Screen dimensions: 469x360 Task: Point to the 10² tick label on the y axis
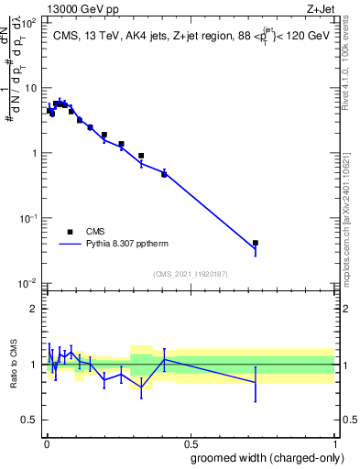pyautogui.click(x=28, y=22)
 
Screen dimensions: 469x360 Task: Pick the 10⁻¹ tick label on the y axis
pyautogui.click(x=27, y=218)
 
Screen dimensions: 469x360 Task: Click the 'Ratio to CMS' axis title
pyautogui.click(x=14, y=364)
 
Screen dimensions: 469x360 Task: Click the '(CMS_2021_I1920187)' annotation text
pyautogui.click(x=190, y=274)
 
